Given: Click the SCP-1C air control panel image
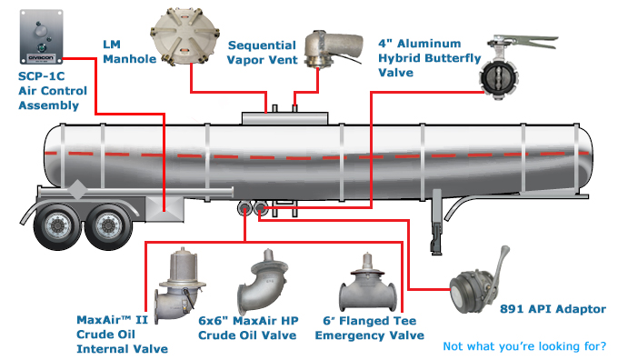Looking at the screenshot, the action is coord(42,36).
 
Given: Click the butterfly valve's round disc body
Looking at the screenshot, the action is coord(498,77).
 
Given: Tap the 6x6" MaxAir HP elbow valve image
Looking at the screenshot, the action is coord(262,281).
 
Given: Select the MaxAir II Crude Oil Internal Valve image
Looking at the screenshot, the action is coord(180,285).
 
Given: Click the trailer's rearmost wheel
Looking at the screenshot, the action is coord(57,226).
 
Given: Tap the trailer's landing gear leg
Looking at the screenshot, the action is coord(436,222).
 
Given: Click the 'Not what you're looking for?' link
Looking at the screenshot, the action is coord(524,346).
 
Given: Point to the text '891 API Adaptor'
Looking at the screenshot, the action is coord(553,309).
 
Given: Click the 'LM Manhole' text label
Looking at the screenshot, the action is coord(129,52).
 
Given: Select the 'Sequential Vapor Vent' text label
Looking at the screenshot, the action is coord(262,53).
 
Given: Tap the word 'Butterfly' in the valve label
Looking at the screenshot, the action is coord(454,58).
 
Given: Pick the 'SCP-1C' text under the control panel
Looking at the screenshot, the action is coord(42,76).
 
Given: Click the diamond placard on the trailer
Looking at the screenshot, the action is coord(77,190).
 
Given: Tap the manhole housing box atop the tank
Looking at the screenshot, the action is coord(284,118).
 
